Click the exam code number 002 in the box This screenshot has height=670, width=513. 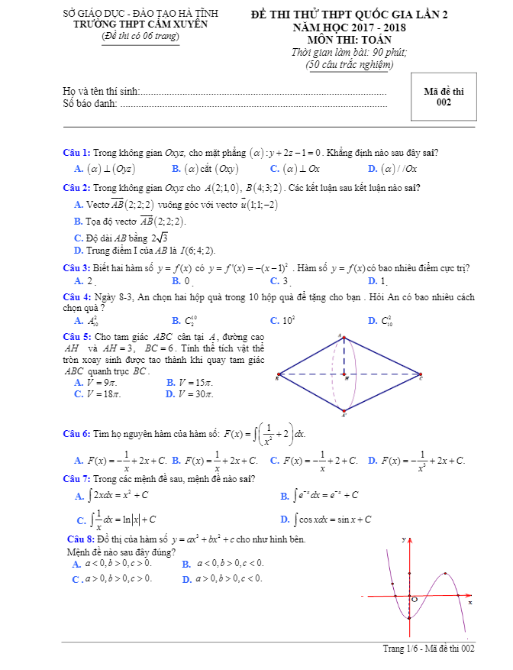tap(444, 102)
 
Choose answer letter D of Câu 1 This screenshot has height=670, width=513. tap(373, 169)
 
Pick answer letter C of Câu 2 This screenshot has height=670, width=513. tap(79, 237)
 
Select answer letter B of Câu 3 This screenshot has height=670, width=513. tap(176, 281)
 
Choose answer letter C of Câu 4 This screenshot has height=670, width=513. tap(274, 321)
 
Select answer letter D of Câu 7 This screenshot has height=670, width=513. tap(285, 519)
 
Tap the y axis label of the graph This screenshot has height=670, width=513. tap(403, 540)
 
